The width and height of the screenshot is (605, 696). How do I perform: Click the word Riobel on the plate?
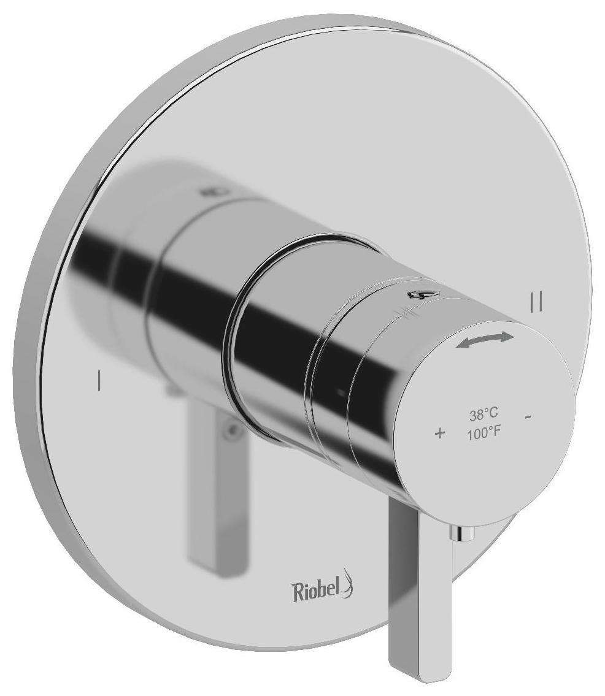pos(317,592)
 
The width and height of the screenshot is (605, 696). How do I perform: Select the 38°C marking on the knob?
pos(484,415)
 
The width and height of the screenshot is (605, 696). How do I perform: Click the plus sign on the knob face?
pos(439,434)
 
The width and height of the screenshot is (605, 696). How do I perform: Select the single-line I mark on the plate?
pos(98,380)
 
